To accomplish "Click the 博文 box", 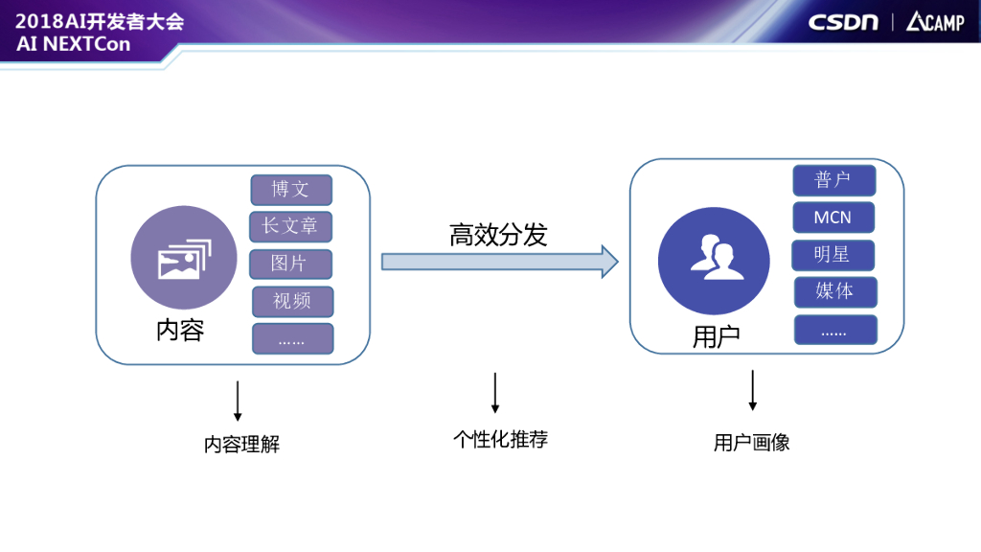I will point(291,190).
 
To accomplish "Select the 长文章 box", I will point(291,226).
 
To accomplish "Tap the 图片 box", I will point(290,264).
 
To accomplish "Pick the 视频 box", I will point(292,301).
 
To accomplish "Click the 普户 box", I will point(833,180).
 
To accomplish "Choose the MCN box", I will point(833,218).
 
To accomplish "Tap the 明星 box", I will point(833,255).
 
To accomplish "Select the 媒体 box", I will point(835,291).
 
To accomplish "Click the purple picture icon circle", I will point(184,257).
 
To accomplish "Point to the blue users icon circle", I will point(715,261).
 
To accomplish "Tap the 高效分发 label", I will point(498,235).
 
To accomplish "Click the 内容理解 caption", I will point(241,445).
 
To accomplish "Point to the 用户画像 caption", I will point(751,443).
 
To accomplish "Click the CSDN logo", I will point(843,21).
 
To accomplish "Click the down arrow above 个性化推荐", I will point(495,393).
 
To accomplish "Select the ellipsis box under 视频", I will point(292,339).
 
